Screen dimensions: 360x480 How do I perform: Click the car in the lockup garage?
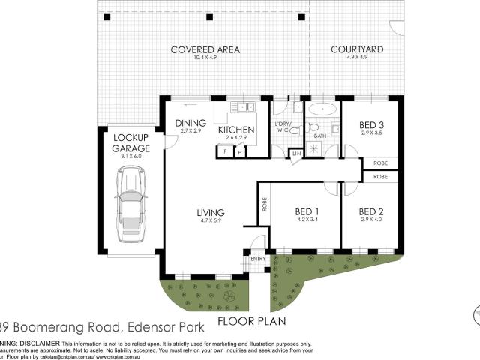click(x=131, y=203)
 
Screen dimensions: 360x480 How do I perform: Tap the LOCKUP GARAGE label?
click(x=131, y=143)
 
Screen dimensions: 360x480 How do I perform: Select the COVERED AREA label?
click(x=205, y=50)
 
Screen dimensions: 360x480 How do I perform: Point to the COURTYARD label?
click(x=358, y=50)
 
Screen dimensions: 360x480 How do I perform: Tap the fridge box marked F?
click(x=223, y=151)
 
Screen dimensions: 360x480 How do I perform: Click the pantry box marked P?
click(x=239, y=151)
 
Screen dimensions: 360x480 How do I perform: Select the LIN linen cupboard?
click(x=297, y=153)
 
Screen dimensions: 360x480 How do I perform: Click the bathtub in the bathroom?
click(x=321, y=108)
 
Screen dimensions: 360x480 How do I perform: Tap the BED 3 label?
click(x=373, y=124)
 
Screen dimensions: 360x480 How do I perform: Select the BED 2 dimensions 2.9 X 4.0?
click(x=373, y=220)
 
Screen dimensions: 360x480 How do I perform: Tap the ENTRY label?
click(x=258, y=259)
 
